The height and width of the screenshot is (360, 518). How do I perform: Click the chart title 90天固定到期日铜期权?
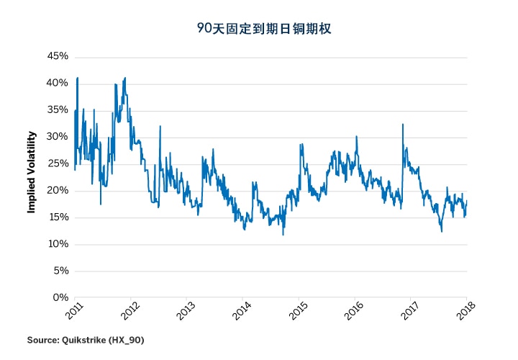click(258, 30)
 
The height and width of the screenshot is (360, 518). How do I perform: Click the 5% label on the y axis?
click(61, 271)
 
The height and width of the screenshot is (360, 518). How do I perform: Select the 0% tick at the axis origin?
click(61, 297)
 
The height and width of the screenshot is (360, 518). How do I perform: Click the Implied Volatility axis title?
click(31, 172)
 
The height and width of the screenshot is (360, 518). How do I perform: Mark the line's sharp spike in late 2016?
click(403, 125)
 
